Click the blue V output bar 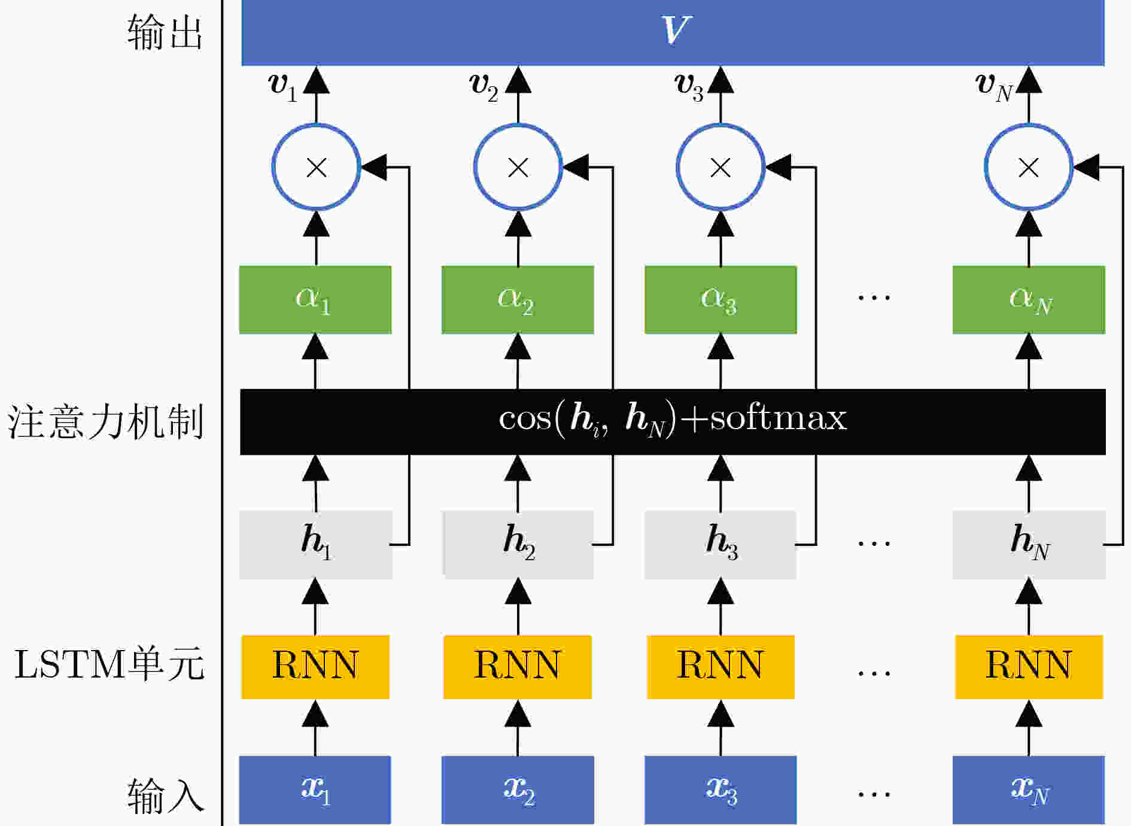[x=673, y=32]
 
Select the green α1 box [x=315, y=299]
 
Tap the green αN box [x=1029, y=299]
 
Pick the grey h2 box [x=518, y=544]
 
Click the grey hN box [x=1029, y=544]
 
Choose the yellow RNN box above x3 [x=720, y=667]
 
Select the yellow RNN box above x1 [x=315, y=667]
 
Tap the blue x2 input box [x=518, y=790]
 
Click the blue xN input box [x=1029, y=790]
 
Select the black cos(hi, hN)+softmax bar [x=673, y=422]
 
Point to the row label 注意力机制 [x=105, y=422]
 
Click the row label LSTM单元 [x=110, y=664]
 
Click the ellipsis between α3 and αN [x=874, y=297]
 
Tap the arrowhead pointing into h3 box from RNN [x=720, y=591]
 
